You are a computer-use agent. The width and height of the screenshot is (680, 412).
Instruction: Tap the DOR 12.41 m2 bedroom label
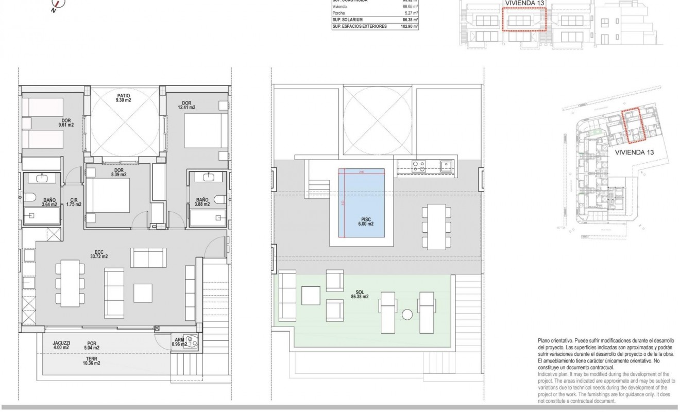pos(185,105)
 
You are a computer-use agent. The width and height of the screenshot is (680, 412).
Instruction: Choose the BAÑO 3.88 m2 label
pos(201,201)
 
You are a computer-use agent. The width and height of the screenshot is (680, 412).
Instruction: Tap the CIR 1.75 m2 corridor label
pos(71,201)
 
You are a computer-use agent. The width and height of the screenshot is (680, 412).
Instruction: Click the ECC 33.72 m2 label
pos(98,254)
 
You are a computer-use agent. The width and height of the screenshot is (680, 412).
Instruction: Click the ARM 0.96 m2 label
pos(179,342)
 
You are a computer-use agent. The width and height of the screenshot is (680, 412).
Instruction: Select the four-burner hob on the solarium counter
pos(418,165)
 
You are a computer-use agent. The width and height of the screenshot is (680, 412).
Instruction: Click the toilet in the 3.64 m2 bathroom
pos(29,198)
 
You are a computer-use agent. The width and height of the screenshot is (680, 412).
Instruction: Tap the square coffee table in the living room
pos(143,293)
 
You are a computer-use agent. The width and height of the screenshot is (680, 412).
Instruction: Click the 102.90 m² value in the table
pos(409,26)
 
